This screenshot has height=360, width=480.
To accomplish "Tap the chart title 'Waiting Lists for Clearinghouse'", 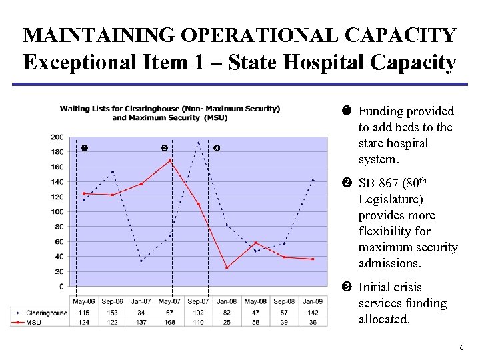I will (x=169, y=109).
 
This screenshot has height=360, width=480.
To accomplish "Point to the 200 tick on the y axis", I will (x=57, y=137).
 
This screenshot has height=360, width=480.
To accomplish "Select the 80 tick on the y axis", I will (x=59, y=227).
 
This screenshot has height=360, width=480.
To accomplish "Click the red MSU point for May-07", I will (x=170, y=161).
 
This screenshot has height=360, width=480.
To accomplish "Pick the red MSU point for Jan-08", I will (x=227, y=268).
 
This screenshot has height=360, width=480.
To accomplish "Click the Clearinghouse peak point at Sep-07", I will (x=198, y=143).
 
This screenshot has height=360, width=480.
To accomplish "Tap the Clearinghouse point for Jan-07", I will (x=141, y=261).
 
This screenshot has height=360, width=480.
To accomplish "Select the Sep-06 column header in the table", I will (x=113, y=302).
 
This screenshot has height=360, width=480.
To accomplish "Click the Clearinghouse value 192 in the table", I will (x=198, y=313).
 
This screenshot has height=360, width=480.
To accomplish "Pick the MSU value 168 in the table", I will (x=169, y=323).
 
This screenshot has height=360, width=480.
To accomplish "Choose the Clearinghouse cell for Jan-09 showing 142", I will (x=313, y=313).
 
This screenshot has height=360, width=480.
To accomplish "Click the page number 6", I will (x=461, y=349).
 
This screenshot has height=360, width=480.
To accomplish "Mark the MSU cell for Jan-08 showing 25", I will (x=227, y=323).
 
